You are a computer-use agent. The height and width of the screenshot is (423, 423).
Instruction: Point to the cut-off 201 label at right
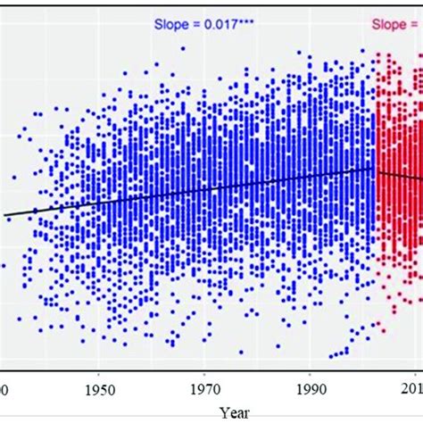click(x=413, y=389)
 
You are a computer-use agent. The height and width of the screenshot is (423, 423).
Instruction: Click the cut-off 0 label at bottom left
click(x=4, y=389)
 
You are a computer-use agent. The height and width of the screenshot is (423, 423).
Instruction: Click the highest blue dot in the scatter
click(x=183, y=48)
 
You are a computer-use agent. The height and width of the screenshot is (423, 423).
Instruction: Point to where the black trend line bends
click(x=372, y=168)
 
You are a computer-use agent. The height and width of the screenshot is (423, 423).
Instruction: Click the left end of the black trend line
click(x=4, y=214)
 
